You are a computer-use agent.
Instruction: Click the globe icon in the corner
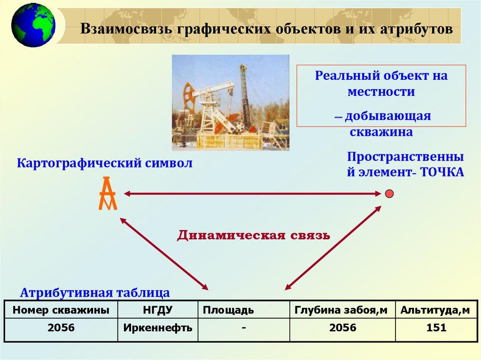pos(33,25)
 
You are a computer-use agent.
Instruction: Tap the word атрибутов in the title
pos(416,29)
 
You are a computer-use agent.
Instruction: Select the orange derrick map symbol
pos(108,193)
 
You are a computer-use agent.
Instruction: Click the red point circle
pos(389,194)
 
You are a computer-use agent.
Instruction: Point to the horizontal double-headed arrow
pos(252,193)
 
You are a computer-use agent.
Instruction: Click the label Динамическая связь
pos(253,235)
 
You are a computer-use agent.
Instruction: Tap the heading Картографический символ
pos(105,163)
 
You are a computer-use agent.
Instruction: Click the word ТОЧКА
pos(442,172)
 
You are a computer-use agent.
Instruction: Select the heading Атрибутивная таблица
pos(95,292)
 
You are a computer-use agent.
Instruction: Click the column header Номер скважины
pos(61,310)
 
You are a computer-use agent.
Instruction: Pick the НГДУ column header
pos(158,310)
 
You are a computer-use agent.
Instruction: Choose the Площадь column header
pos(228,310)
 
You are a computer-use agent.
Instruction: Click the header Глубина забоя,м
pos(341,310)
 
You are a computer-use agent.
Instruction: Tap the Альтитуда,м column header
pos(435,310)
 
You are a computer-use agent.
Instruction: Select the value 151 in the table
pos(436,328)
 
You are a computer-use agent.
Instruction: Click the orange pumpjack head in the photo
pos(188,96)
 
